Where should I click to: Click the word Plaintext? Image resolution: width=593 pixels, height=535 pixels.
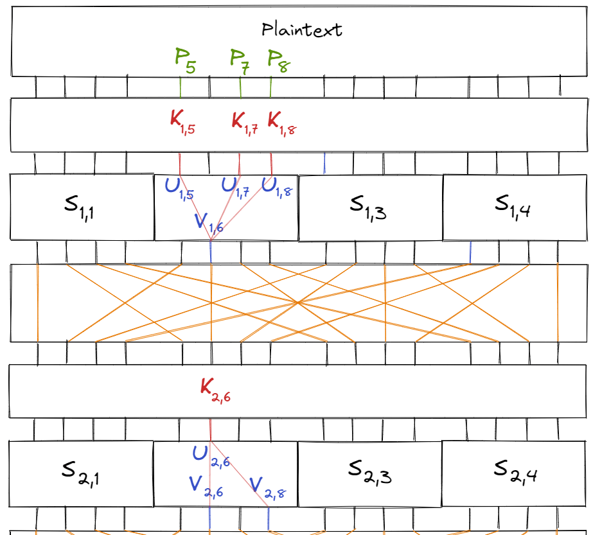point(302,30)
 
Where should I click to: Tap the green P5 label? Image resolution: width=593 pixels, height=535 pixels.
point(185,60)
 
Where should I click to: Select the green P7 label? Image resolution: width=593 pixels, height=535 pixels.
point(240,60)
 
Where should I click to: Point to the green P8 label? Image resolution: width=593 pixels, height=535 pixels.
point(277,61)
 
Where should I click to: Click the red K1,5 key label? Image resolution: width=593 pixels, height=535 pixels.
point(182,121)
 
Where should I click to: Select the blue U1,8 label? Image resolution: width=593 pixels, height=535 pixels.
point(277,187)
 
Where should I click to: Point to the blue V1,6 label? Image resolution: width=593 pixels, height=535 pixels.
point(209,223)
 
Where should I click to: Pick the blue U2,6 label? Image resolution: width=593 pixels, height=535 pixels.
point(208,455)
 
